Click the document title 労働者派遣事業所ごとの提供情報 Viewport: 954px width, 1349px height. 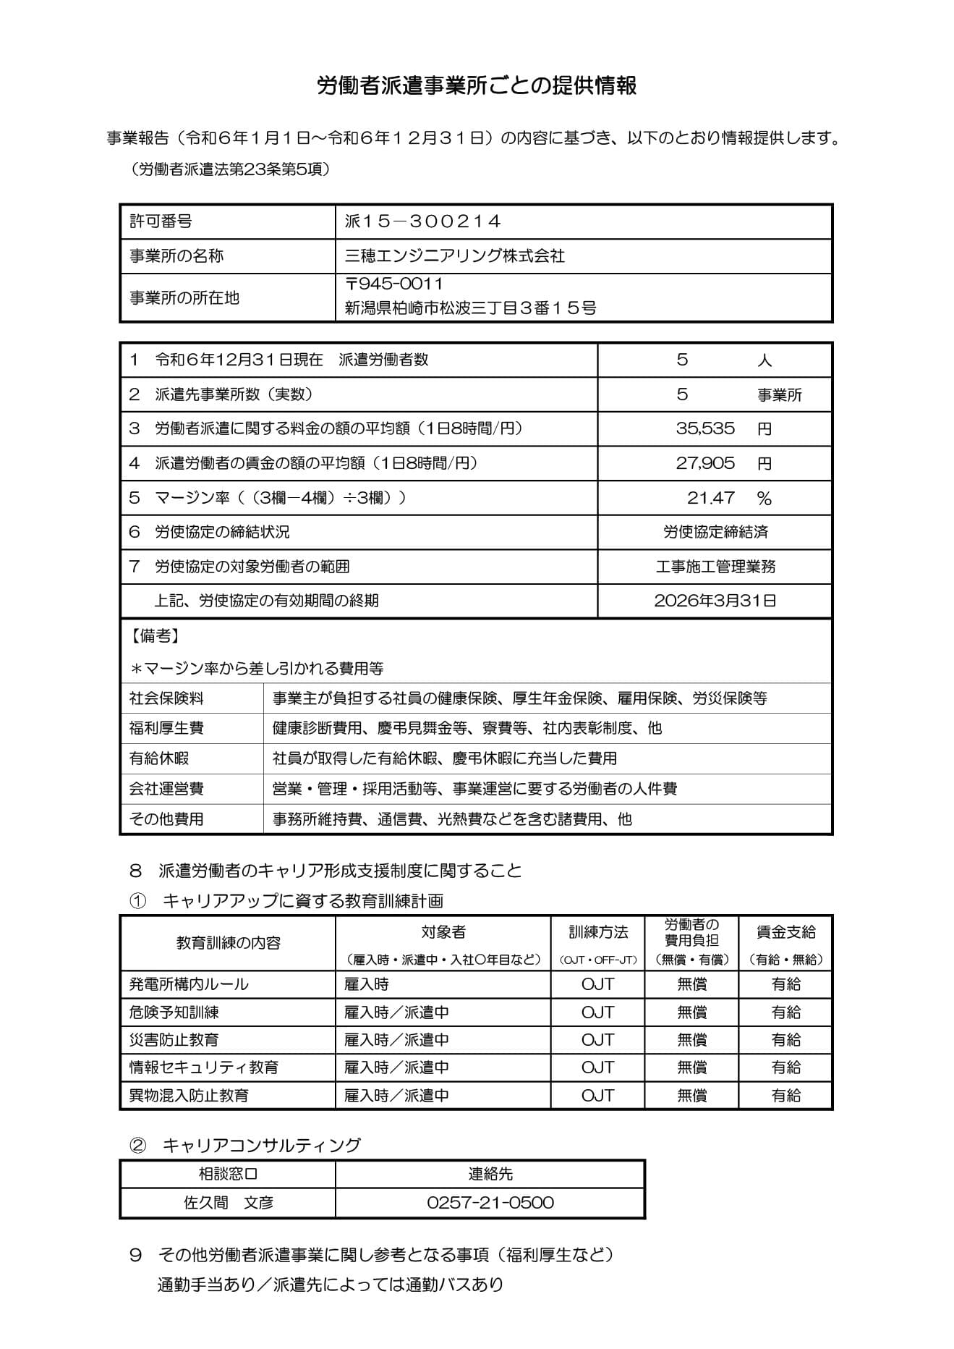[x=477, y=85]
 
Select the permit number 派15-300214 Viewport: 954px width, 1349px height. [x=423, y=221]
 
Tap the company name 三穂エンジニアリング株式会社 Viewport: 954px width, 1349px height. [x=455, y=255]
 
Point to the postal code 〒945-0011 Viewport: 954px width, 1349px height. [x=394, y=284]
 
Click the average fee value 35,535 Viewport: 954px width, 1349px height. [x=705, y=428]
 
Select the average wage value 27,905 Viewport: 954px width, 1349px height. [x=705, y=463]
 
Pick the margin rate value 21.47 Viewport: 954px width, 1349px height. [x=710, y=498]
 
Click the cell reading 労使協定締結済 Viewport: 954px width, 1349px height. [x=715, y=532]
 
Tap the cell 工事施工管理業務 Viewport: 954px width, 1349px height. [x=715, y=567]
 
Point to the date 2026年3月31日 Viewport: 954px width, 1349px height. [x=715, y=601]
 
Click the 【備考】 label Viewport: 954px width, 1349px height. [x=154, y=635]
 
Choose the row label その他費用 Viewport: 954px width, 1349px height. [x=166, y=819]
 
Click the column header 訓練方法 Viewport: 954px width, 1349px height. [x=598, y=933]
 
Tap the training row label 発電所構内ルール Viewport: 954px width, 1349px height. [x=189, y=984]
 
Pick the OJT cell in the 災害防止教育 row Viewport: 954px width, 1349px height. [x=597, y=1040]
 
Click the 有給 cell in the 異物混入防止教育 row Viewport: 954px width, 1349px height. [x=785, y=1096]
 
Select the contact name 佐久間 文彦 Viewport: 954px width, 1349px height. [x=229, y=1203]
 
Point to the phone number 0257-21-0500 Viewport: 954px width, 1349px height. [x=490, y=1203]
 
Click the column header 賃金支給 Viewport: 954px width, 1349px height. [x=785, y=933]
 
